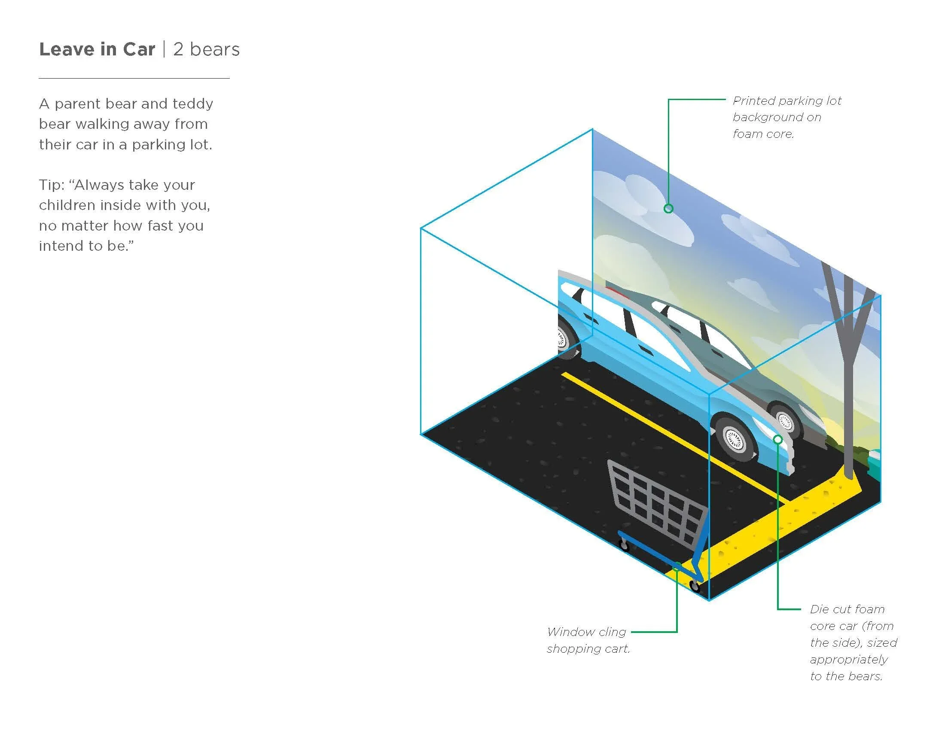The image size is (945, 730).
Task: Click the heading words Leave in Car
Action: pos(97,49)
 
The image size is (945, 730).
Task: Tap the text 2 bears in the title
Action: pos(206,49)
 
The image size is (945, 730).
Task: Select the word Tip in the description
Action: pos(51,185)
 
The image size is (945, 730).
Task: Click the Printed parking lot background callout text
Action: pos(786,117)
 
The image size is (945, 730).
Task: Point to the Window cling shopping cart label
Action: pos(588,640)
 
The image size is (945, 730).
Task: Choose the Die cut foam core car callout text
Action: pos(852,642)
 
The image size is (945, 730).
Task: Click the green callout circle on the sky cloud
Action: pos(668,209)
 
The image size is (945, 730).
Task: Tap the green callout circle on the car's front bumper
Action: pos(777,440)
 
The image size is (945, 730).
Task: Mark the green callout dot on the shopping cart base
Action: pos(677,567)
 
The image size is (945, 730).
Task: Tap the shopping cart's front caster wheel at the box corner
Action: pos(695,587)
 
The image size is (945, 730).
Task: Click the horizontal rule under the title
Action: pos(134,78)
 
